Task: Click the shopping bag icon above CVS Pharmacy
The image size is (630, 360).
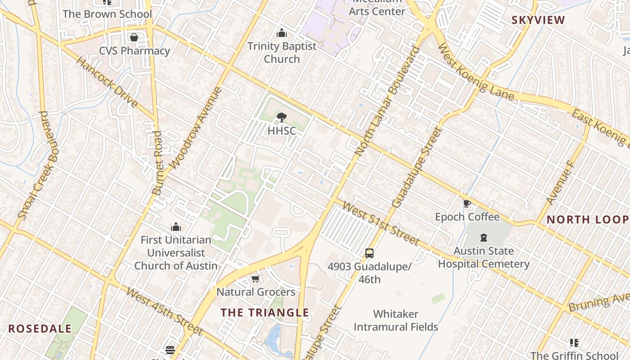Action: (x=134, y=37)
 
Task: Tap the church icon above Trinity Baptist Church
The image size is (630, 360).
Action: (x=282, y=33)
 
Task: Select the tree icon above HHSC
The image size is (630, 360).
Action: (x=282, y=118)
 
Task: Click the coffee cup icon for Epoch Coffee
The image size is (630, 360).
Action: (x=467, y=203)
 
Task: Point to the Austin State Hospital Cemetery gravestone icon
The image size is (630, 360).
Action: (x=484, y=237)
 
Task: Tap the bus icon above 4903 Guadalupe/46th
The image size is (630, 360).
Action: (x=369, y=253)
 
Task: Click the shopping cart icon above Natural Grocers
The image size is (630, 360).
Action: (x=256, y=279)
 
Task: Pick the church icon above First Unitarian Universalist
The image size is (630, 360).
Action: (x=176, y=227)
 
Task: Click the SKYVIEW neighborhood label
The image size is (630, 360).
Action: (x=538, y=20)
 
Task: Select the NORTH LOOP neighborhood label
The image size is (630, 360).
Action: (x=587, y=220)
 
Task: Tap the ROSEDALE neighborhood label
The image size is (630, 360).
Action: (x=40, y=328)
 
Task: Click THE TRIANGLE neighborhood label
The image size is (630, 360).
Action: (x=265, y=312)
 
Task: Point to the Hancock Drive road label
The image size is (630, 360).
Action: (x=107, y=82)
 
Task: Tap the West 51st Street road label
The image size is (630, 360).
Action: (x=381, y=223)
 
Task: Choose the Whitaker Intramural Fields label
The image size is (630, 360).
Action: (x=396, y=320)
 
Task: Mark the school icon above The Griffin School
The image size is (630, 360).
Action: (x=574, y=343)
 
